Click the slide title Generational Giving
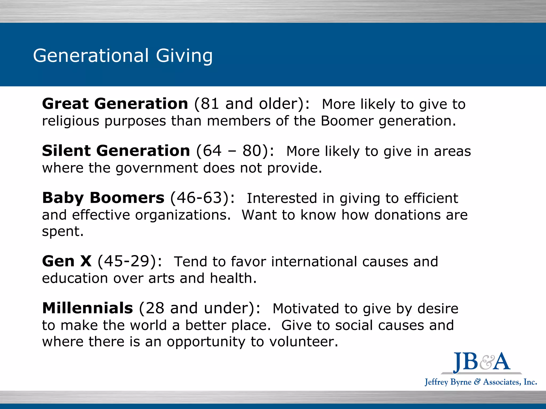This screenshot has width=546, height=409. (123, 56)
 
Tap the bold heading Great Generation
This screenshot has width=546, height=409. (115, 104)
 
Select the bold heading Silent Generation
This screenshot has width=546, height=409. (116, 151)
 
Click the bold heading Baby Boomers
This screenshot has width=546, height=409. (103, 198)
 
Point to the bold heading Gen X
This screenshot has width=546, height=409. (67, 261)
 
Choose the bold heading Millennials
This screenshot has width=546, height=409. (87, 308)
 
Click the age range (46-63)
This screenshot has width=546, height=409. (203, 198)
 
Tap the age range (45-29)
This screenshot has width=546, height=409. (130, 261)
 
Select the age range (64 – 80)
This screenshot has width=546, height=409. (235, 151)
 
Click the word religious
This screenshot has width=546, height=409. (71, 121)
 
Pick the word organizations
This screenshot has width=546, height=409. (183, 215)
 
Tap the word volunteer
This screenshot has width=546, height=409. (304, 342)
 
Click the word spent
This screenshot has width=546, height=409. (63, 232)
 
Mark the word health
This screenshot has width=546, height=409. (233, 278)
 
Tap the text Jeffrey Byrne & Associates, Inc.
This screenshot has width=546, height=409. (481, 382)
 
